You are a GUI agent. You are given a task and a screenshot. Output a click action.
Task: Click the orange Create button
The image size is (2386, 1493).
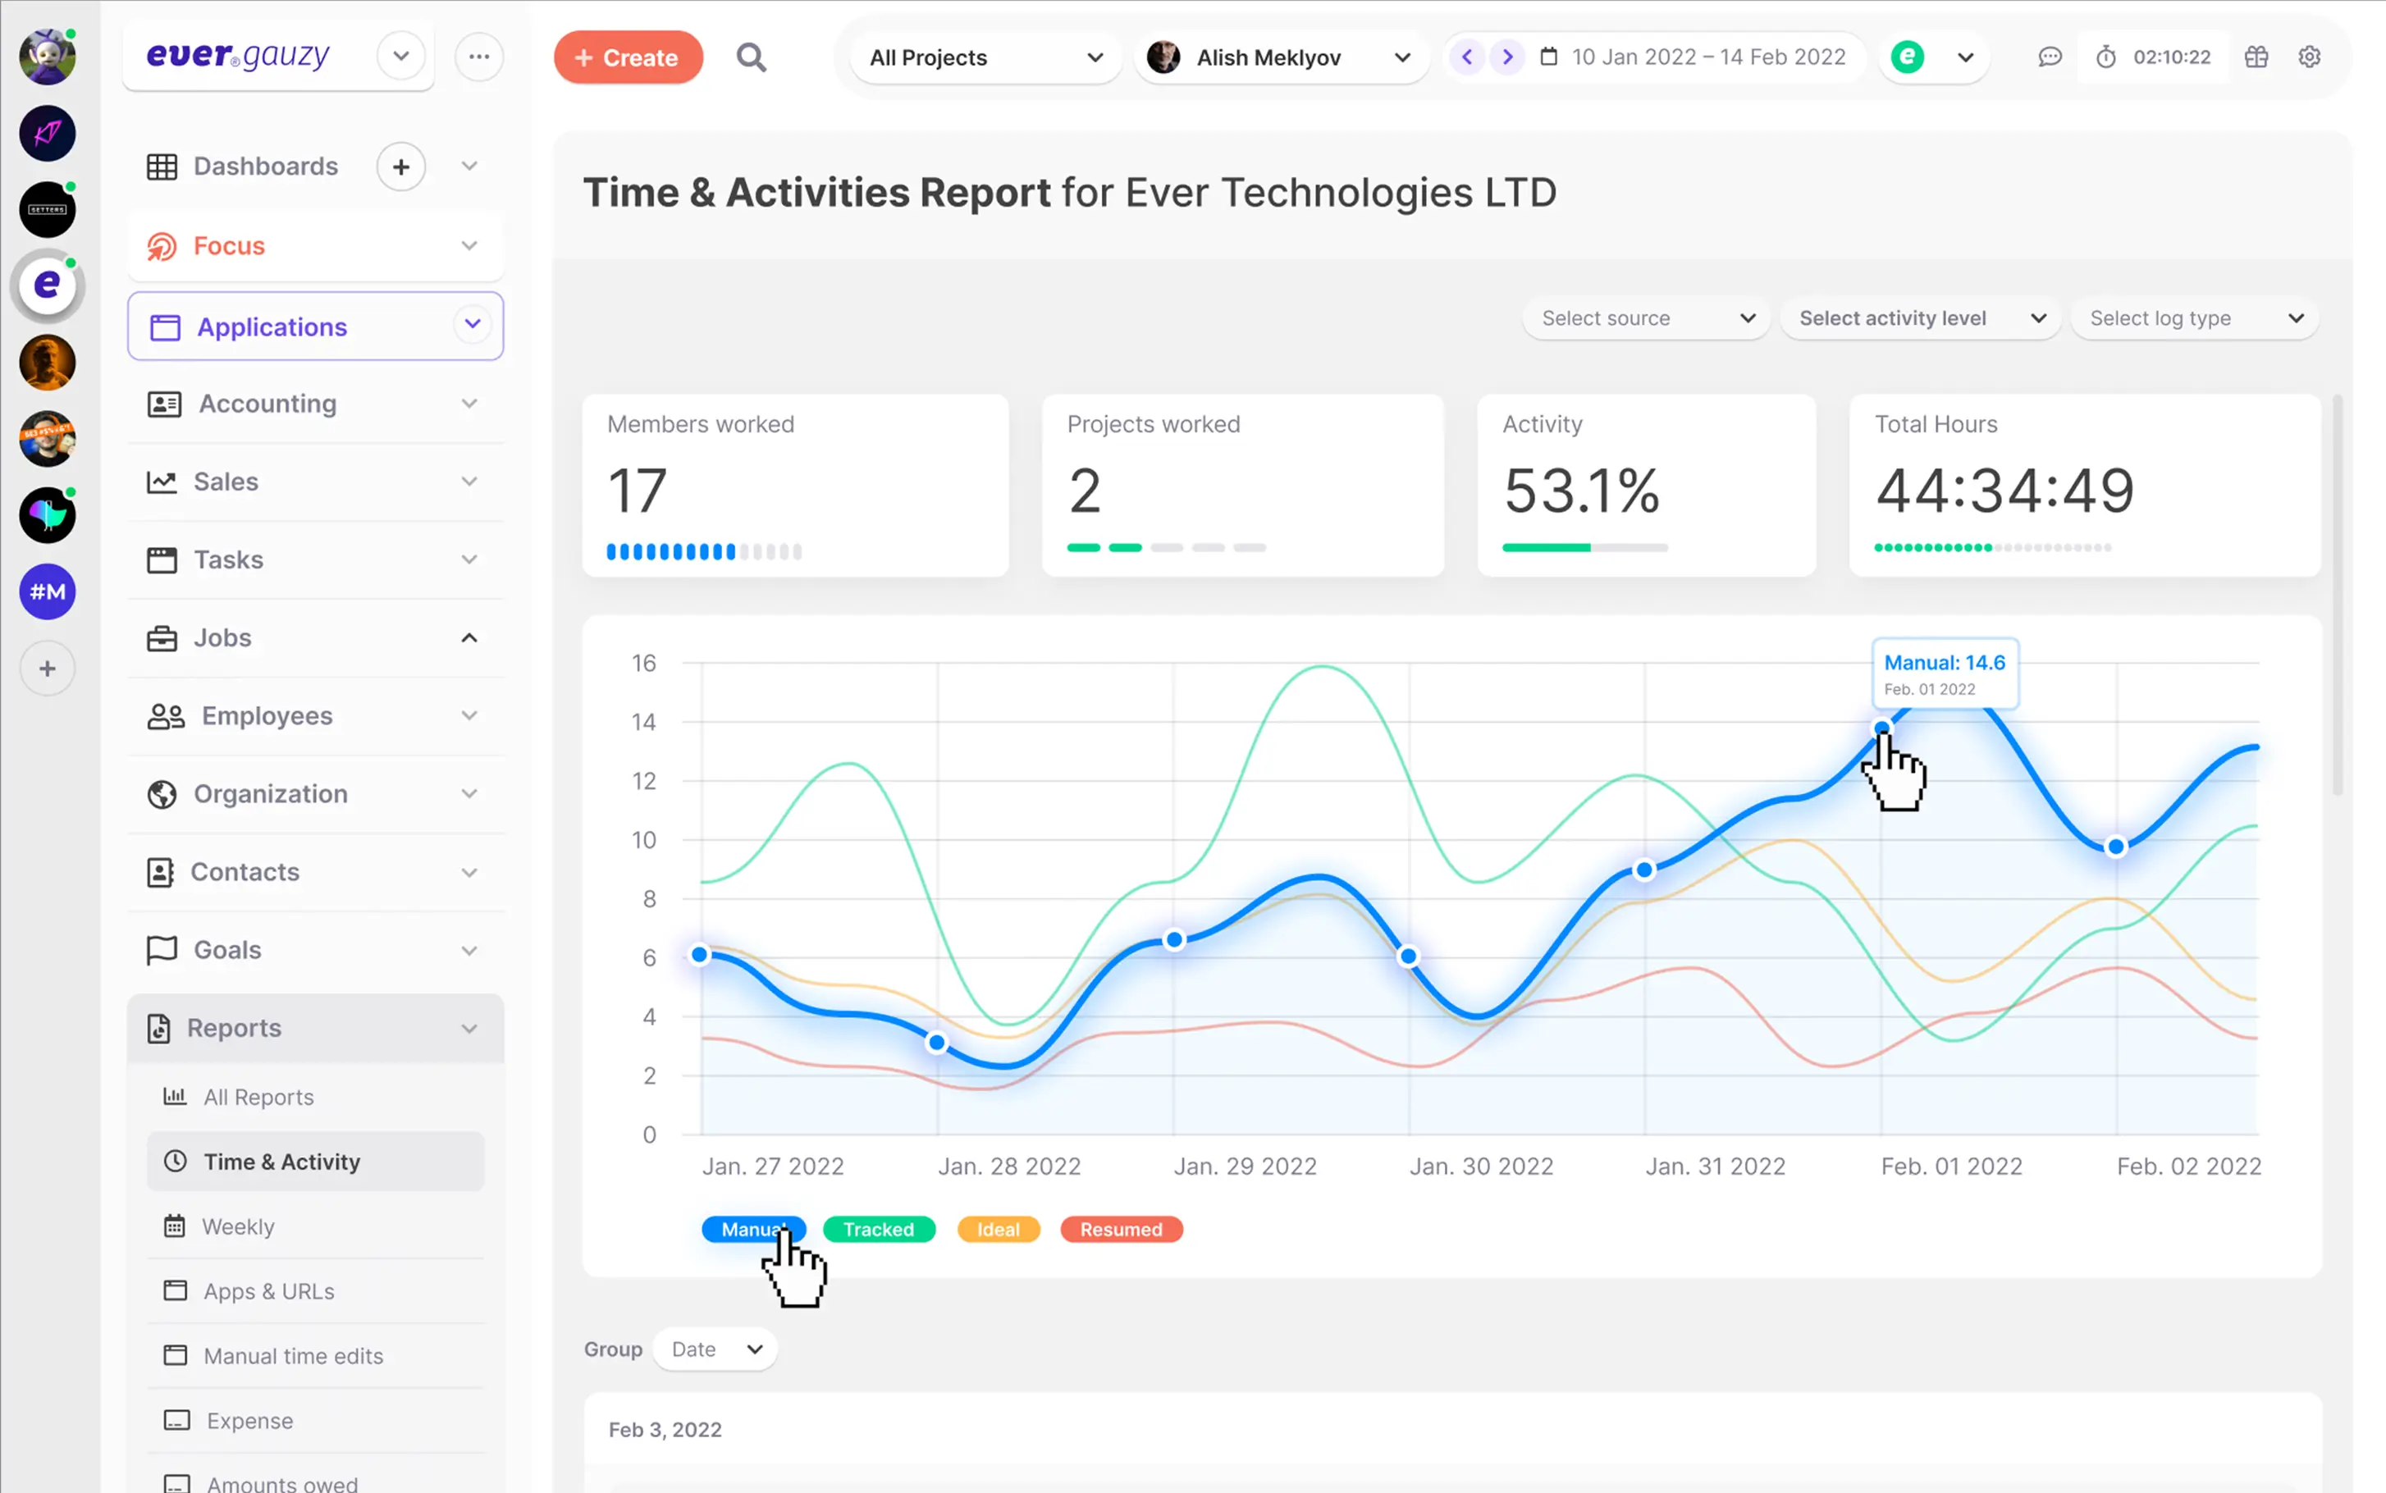point(628,57)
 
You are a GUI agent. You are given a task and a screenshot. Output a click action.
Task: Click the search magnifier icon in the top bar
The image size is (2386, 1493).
point(751,57)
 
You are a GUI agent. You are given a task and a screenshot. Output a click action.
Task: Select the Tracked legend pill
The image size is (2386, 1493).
point(878,1230)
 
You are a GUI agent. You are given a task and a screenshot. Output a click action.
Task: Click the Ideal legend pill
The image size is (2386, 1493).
point(998,1230)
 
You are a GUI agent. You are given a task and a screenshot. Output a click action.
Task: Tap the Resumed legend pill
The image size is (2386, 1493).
point(1120,1230)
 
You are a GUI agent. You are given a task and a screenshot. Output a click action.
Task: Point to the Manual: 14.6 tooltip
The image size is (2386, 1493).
point(1944,673)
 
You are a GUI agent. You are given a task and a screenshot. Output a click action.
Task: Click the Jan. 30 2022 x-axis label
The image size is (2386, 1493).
point(1480,1167)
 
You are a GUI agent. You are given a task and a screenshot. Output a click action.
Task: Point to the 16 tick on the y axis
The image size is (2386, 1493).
point(644,663)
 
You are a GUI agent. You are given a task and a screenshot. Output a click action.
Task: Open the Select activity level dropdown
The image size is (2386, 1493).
point(1920,318)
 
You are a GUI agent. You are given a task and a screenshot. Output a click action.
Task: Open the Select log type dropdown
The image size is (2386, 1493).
point(2194,318)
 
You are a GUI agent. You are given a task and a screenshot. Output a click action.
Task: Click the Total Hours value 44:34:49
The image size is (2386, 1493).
point(2004,491)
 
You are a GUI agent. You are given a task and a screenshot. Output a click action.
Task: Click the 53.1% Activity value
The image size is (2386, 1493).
point(1580,491)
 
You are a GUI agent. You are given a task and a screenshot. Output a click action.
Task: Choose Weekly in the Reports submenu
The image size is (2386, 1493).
point(238,1226)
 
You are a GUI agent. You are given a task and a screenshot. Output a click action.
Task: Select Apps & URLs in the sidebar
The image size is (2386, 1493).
point(268,1290)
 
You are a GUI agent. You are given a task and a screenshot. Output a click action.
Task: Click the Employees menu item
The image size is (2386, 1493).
point(267,716)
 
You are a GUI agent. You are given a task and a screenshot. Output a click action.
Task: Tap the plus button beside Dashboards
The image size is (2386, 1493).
point(401,167)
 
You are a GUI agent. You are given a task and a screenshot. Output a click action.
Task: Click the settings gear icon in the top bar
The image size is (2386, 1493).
point(2308,57)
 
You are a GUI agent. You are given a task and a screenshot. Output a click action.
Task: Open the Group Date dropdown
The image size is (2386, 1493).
point(715,1349)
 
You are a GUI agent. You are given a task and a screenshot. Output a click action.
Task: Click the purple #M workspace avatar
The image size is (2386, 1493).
point(48,591)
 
